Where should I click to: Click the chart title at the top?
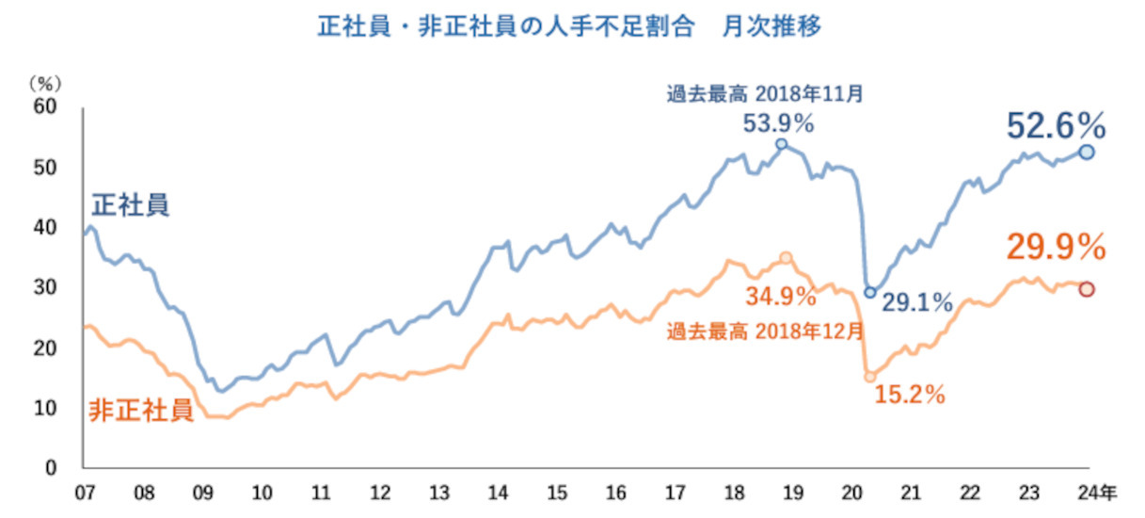tap(569, 25)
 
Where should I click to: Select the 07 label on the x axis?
tap(84, 493)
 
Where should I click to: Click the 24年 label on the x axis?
tap(1097, 493)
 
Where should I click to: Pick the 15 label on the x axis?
tap(556, 493)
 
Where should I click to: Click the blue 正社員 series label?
tap(130, 205)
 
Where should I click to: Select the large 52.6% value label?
tap(1056, 124)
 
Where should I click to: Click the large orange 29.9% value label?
tap(1055, 247)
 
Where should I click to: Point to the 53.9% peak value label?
tap(779, 122)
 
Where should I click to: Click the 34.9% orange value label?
tap(781, 298)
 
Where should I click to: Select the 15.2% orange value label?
tap(910, 396)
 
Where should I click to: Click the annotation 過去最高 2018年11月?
tap(764, 94)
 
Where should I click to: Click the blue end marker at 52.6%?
tap(1086, 152)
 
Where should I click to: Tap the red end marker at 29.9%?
tap(1086, 289)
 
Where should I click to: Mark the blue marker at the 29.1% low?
tap(870, 292)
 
